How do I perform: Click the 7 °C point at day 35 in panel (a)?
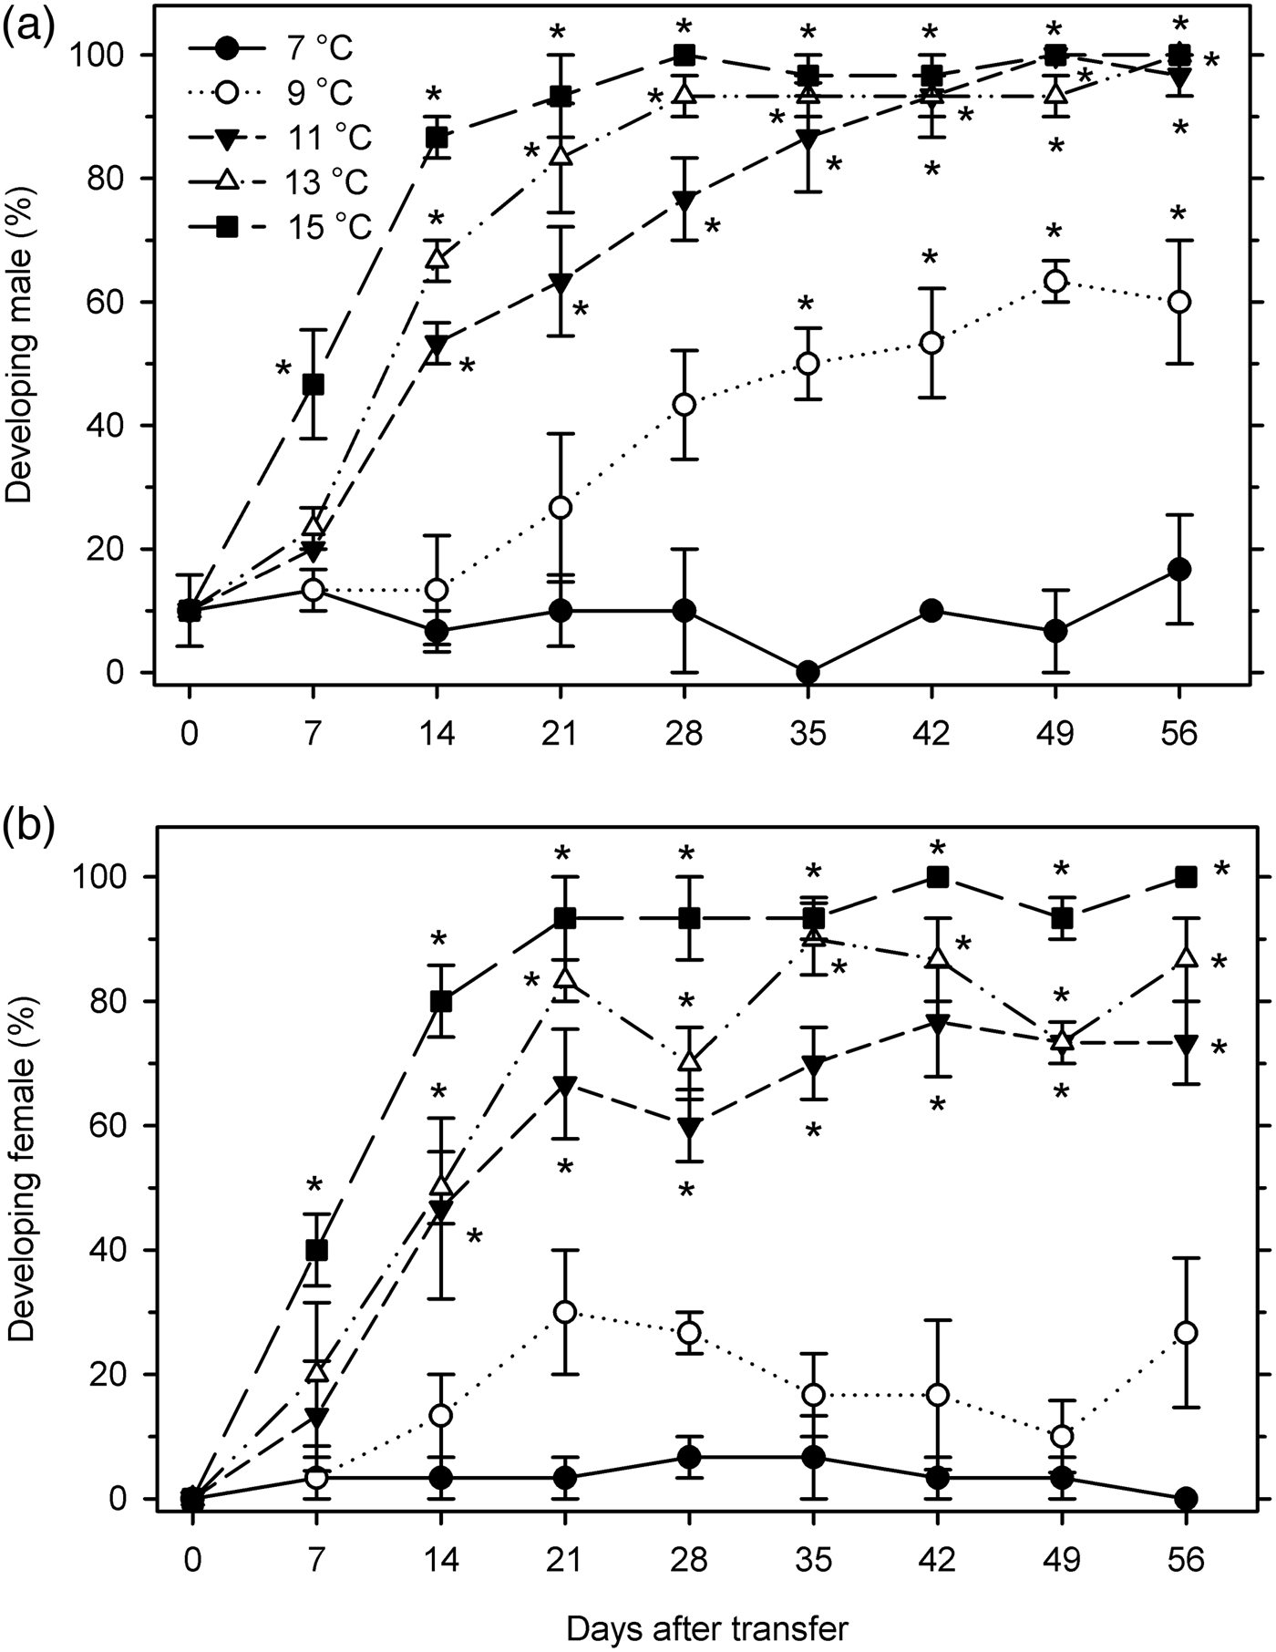click(x=808, y=673)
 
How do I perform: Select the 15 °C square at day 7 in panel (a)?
click(x=313, y=385)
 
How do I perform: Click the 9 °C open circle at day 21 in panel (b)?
click(x=565, y=1311)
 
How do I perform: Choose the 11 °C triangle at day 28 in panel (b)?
click(x=689, y=1127)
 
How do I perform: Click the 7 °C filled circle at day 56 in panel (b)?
click(x=1186, y=1498)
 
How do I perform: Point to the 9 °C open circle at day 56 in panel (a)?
click(x=1179, y=302)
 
